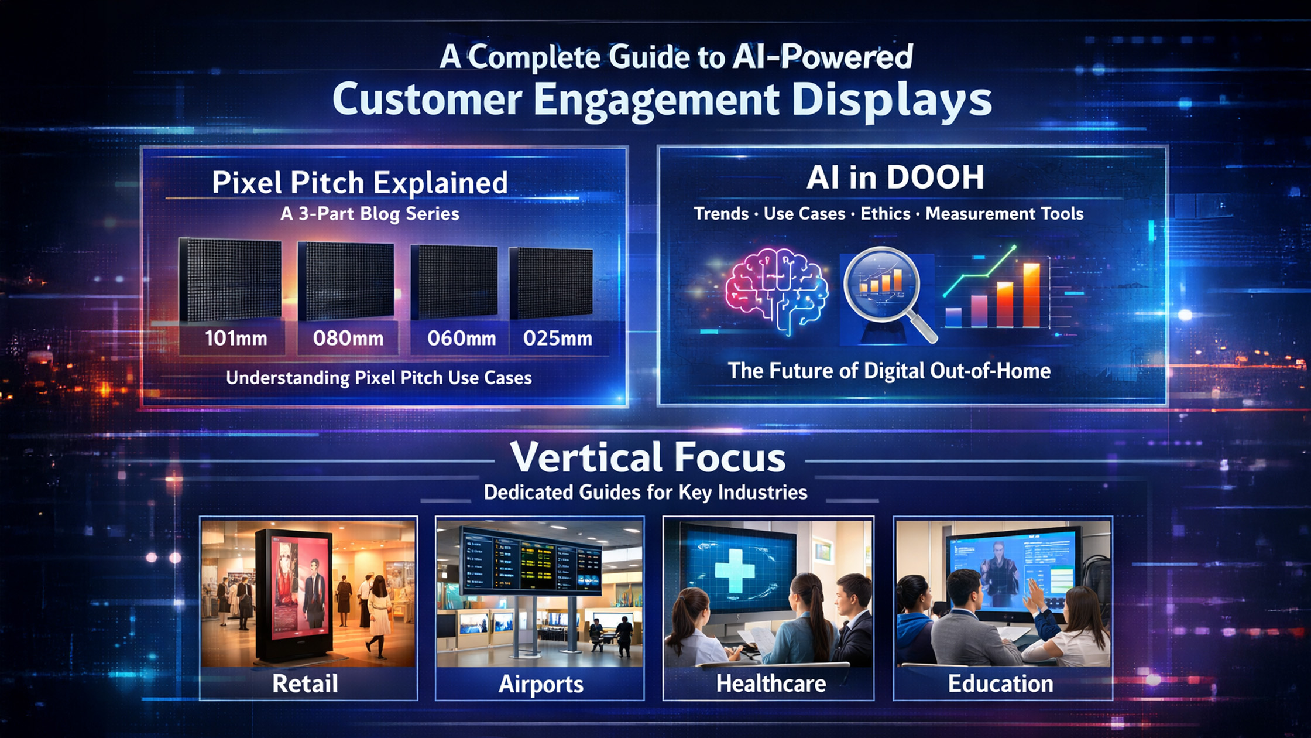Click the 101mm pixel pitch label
click(x=236, y=339)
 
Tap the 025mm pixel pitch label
click(x=558, y=339)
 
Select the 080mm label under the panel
click(x=348, y=339)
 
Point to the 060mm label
click(x=461, y=339)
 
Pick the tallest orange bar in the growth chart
click(x=1031, y=295)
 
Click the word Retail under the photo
click(x=305, y=684)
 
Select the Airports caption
click(x=541, y=684)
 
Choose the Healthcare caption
click(x=771, y=684)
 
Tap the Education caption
click(x=1000, y=684)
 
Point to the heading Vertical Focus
click(x=648, y=457)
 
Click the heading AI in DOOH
click(x=895, y=177)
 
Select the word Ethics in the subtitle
click(x=885, y=214)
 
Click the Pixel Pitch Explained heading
click(x=359, y=183)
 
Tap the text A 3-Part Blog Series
click(x=369, y=214)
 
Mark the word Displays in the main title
click(x=891, y=101)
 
